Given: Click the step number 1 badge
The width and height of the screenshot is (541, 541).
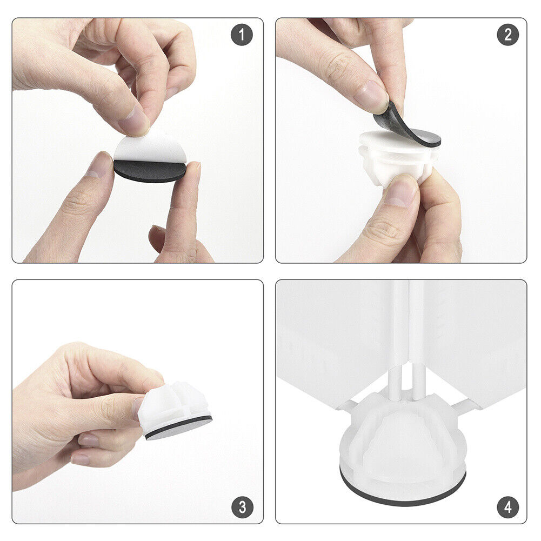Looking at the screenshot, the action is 242,35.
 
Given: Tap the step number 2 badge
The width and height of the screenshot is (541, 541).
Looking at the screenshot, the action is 508,35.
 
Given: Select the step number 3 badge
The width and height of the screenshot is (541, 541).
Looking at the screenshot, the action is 243,507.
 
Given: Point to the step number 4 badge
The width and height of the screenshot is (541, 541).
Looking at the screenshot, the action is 508,507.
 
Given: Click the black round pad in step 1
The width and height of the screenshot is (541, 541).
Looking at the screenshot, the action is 149,171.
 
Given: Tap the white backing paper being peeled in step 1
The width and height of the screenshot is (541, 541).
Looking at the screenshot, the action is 150,149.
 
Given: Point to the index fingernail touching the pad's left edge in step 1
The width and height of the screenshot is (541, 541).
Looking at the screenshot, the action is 98,165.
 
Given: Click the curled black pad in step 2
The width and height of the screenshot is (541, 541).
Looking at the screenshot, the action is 405,126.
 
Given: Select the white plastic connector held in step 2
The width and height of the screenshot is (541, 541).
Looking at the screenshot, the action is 397,155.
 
